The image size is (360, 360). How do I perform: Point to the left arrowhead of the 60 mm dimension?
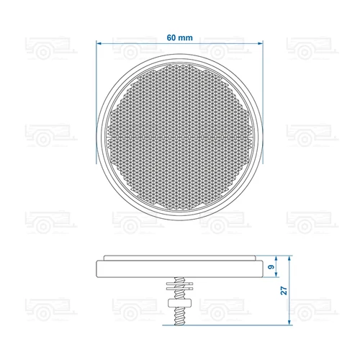(99, 43)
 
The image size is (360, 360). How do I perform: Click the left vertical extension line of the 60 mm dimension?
(96, 94)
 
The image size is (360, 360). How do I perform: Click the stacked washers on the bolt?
(179, 286)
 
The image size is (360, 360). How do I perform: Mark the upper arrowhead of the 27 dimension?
(288, 257)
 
